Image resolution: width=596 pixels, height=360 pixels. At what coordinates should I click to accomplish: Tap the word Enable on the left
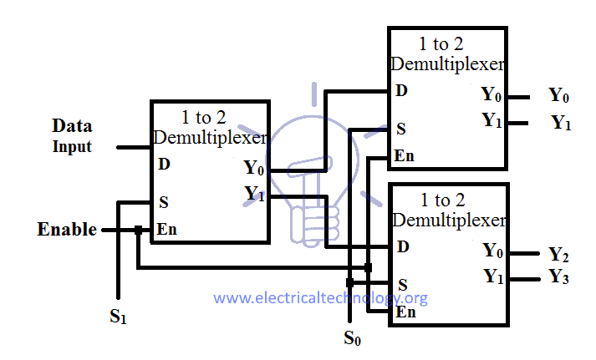[x=68, y=229]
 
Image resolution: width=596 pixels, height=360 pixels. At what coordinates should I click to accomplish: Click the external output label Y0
[x=559, y=95]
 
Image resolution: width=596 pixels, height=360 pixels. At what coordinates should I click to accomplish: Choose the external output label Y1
[x=561, y=124]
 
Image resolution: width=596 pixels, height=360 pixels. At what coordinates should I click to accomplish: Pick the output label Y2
[x=558, y=254]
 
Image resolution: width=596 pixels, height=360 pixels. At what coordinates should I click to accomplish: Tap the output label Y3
[x=559, y=277]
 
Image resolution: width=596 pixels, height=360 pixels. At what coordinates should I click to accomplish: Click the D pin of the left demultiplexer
[x=164, y=164]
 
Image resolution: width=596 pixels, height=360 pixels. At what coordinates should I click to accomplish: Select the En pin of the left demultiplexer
[x=167, y=230]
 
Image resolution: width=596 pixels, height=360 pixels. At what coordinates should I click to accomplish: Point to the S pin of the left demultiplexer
[x=163, y=201]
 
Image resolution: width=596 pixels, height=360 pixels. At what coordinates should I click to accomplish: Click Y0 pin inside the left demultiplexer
[x=254, y=168]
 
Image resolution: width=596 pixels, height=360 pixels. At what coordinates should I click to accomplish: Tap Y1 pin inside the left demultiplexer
[x=254, y=194]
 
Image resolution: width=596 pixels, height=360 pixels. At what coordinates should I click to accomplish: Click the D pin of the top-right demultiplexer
[x=402, y=90]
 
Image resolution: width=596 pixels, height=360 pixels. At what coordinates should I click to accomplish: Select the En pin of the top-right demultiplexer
[x=405, y=155]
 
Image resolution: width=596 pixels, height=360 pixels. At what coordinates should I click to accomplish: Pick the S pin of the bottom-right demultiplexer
[x=402, y=284]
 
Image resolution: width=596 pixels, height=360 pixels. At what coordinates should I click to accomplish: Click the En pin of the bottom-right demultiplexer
[x=406, y=312]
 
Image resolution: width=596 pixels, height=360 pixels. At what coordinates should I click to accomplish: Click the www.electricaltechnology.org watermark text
[x=321, y=297]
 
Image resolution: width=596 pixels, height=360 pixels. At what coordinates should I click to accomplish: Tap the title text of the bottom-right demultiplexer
[x=448, y=210]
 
